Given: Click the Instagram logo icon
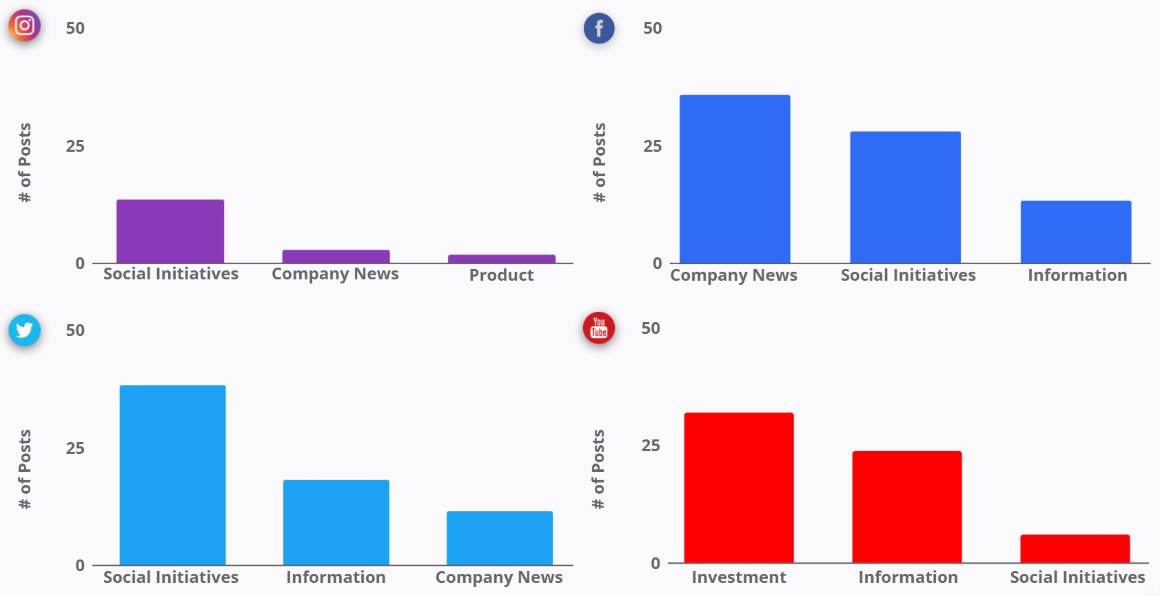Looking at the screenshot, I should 24,26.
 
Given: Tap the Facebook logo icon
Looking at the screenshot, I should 599,28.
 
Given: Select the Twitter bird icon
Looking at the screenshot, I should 24,330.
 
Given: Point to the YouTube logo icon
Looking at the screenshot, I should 599,328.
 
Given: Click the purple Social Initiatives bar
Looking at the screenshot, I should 170,231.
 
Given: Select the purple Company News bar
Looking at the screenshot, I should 336,256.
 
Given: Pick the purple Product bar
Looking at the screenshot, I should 502,259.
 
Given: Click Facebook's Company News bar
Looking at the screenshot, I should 735,179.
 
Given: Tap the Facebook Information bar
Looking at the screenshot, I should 1076,232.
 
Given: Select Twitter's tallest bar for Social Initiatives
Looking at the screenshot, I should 172,475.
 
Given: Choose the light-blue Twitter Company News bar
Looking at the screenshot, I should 500,537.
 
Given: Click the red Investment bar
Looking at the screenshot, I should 739,487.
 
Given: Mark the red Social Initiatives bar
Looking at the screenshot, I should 1075,548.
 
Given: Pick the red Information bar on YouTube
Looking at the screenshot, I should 907,506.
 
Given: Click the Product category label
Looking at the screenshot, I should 501,275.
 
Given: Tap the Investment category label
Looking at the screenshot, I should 739,577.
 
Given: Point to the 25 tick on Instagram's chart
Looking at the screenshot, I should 75,146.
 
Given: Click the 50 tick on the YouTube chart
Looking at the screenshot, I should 651,328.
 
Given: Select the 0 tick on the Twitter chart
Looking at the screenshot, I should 80,566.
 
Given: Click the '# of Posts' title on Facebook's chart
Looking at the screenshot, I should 600,163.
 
